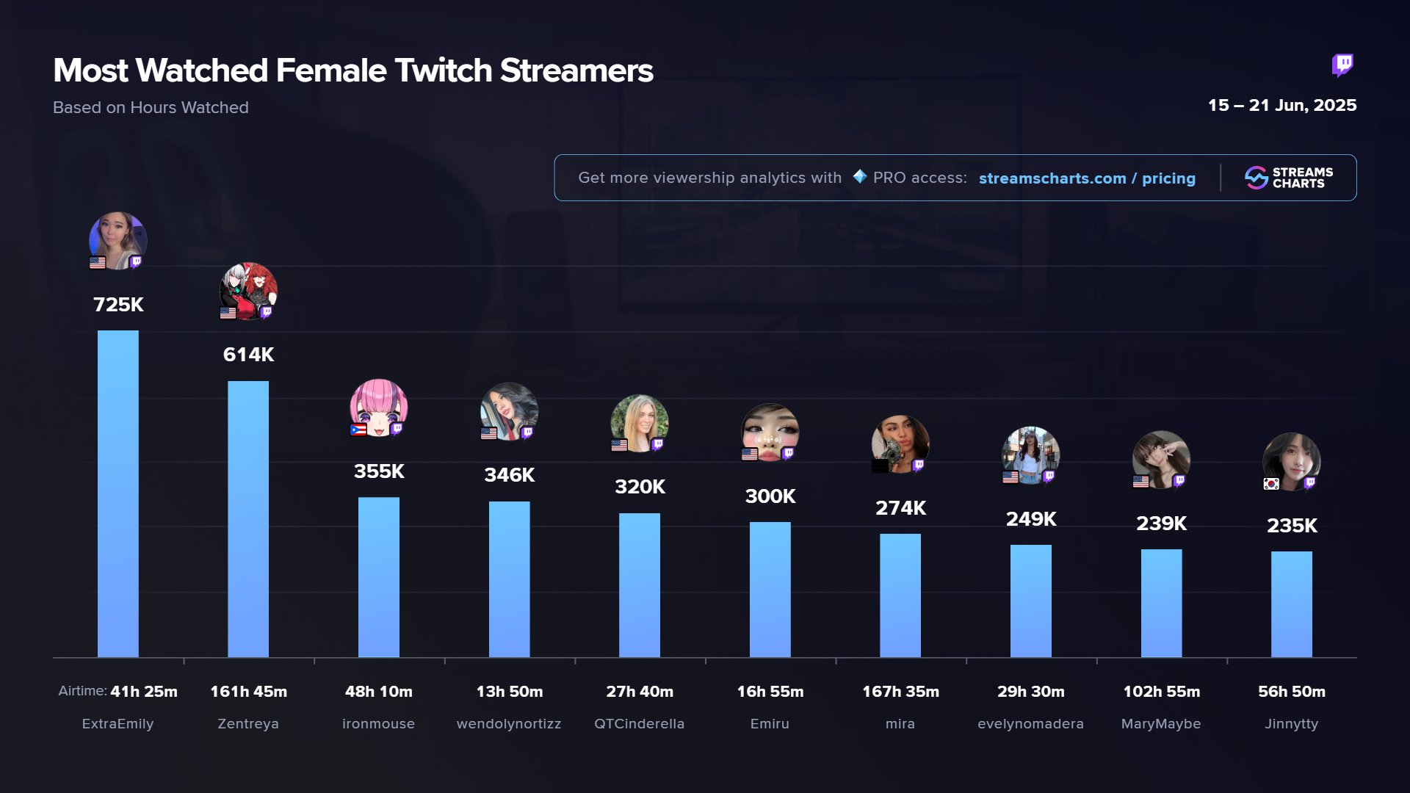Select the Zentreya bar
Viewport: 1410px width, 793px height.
[248, 518]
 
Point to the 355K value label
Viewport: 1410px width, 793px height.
[379, 471]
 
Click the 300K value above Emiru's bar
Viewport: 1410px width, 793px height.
[770, 496]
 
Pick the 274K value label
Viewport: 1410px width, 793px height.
[900, 508]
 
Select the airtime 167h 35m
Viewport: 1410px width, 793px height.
[900, 692]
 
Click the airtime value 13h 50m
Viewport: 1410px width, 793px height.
[509, 692]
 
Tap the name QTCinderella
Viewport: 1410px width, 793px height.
[639, 724]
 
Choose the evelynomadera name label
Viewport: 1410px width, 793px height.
[1030, 724]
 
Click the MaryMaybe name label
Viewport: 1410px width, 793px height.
[1161, 724]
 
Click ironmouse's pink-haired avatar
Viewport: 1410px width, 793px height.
[379, 407]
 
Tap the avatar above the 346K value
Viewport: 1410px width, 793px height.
[509, 410]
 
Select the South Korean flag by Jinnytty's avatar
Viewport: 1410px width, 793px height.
[1271, 483]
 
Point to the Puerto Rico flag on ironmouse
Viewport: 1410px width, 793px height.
[358, 430]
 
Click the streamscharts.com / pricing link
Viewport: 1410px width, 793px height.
[1087, 178]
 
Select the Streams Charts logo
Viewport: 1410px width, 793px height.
[1288, 178]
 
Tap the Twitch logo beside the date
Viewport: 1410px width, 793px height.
[1342, 65]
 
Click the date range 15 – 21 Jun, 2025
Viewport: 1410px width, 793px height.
[1282, 106]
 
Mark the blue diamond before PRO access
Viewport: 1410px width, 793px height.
[860, 177]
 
